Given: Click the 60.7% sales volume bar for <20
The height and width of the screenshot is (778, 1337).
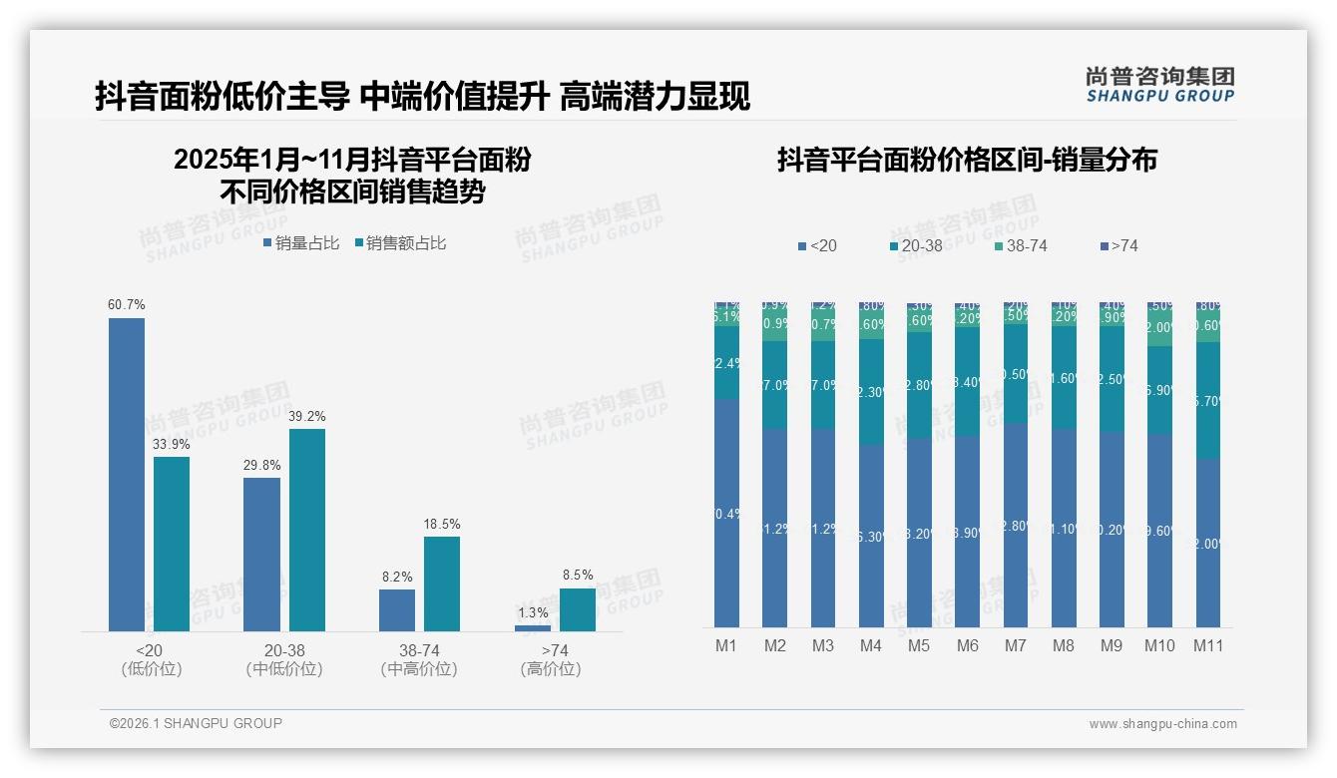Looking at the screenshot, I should tap(127, 475).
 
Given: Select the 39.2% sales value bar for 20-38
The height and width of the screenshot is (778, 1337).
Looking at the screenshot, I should tap(307, 530).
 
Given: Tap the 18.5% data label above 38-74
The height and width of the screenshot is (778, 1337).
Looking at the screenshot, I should tap(442, 524).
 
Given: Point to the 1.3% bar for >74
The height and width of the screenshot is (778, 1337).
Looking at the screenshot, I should tap(533, 627).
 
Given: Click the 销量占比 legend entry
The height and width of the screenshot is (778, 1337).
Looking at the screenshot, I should tap(301, 243).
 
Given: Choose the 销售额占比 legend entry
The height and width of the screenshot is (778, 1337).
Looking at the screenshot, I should tap(399, 243).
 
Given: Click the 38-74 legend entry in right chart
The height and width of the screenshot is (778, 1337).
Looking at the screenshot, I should tap(1020, 245).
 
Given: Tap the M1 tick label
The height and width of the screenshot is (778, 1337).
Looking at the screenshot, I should tap(726, 646).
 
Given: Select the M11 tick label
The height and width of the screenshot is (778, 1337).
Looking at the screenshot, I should tap(1208, 646).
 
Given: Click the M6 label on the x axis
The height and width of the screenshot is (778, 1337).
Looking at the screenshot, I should tap(967, 646).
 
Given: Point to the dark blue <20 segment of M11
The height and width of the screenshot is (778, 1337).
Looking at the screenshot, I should tap(1208, 543).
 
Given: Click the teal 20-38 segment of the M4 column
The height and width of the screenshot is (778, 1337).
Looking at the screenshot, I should tap(871, 392).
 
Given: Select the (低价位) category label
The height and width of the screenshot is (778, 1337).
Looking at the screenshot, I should tap(152, 669).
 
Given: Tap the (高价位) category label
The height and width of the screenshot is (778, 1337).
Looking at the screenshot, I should tap(551, 669).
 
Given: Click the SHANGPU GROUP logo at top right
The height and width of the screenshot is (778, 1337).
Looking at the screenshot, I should tap(1159, 85).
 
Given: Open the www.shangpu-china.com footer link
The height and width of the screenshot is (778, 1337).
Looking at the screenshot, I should tap(1162, 724).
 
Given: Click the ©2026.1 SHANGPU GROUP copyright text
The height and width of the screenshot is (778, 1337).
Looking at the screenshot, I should tap(196, 723).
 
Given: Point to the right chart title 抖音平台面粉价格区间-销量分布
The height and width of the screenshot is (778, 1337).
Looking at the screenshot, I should tap(966, 161).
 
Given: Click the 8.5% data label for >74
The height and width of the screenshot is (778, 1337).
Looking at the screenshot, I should tap(577, 575).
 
